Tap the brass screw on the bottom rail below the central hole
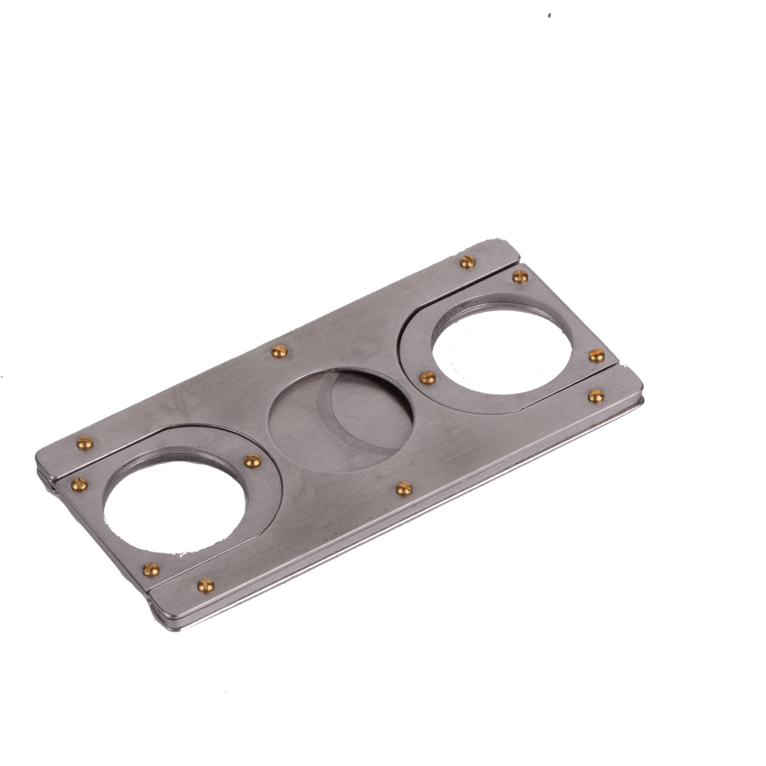pyautogui.click(x=402, y=487)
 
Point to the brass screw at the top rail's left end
pyautogui.click(x=81, y=442)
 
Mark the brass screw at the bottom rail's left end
pyautogui.click(x=204, y=583)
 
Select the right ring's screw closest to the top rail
pyautogui.click(x=518, y=276)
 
